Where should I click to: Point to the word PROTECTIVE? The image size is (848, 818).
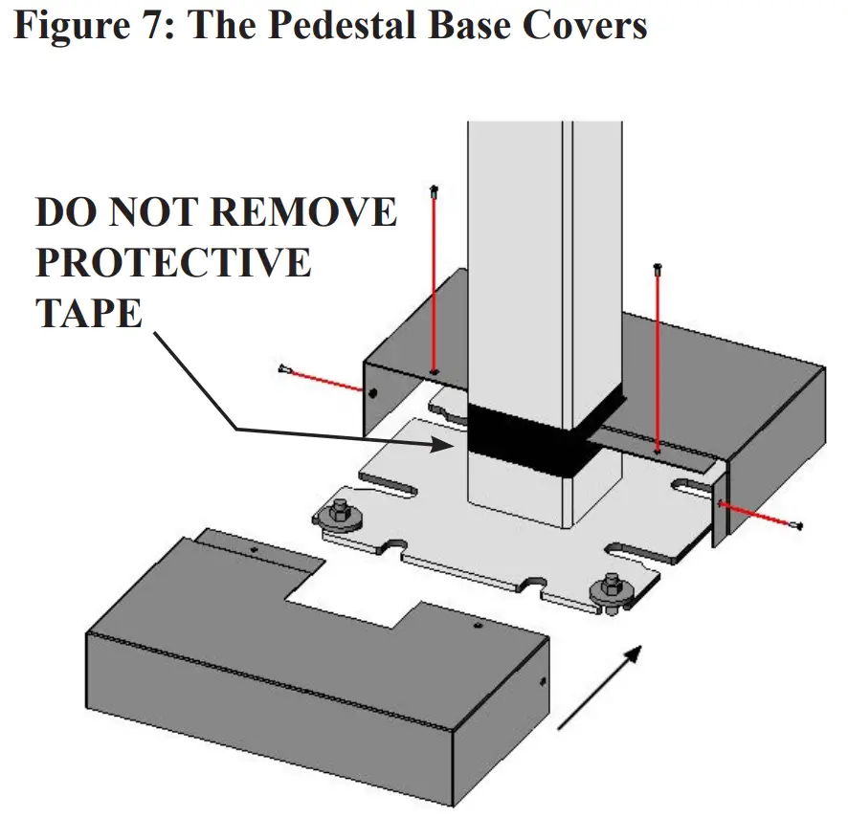point(173,261)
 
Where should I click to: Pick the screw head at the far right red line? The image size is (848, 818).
point(798,524)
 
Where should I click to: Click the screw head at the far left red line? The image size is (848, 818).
point(283,368)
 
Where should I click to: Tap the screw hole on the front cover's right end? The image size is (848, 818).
point(543,683)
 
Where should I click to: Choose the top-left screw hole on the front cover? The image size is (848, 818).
point(254,550)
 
